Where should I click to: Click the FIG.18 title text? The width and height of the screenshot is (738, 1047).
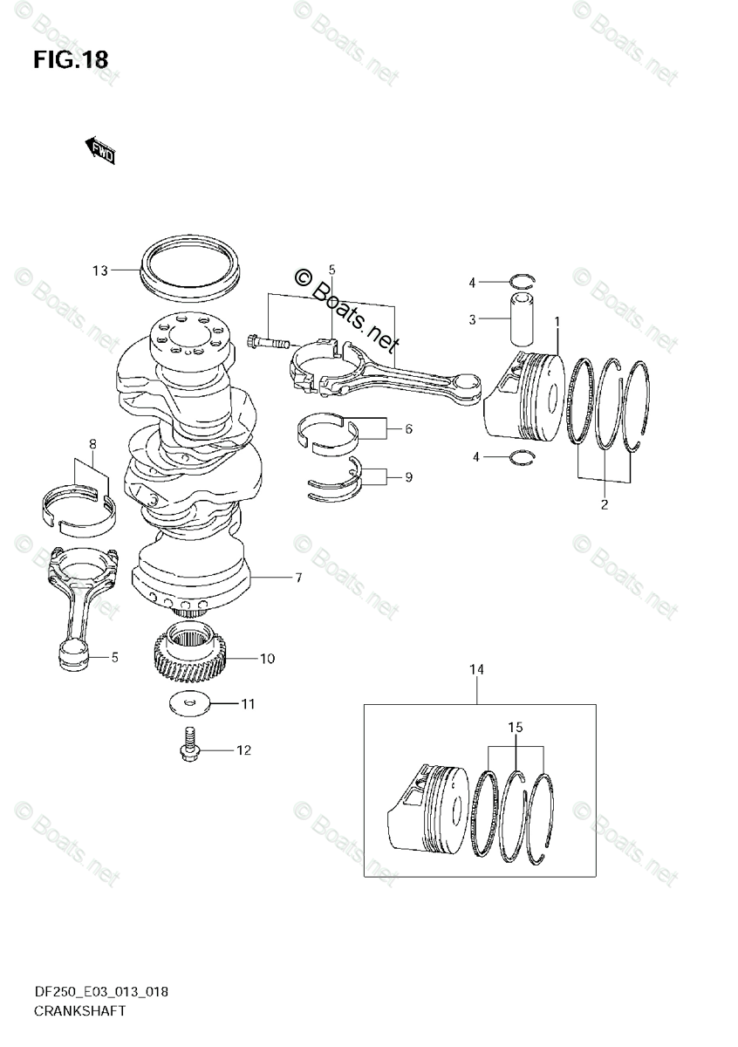[71, 59]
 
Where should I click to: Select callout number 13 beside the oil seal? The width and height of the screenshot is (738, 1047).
[100, 270]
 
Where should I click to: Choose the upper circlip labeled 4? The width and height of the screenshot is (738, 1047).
[521, 281]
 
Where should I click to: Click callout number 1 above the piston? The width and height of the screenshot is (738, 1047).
[557, 322]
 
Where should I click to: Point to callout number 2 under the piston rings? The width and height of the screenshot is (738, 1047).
[603, 503]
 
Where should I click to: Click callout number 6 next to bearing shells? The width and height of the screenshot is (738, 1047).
[407, 429]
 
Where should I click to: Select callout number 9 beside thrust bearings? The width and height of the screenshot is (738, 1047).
[407, 477]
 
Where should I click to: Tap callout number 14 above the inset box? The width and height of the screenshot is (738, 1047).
[476, 670]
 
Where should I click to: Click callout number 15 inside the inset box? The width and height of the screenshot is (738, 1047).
[516, 727]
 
